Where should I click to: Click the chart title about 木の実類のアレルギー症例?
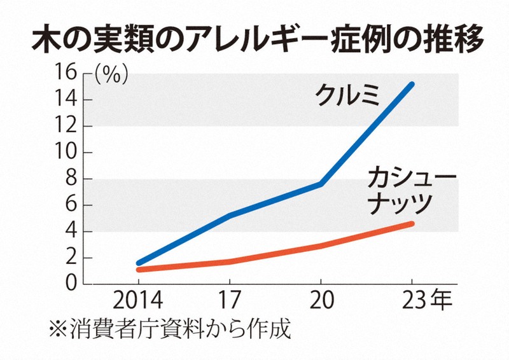pyautogui.click(x=254, y=38)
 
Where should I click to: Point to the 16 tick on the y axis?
pyautogui.click(x=75, y=74)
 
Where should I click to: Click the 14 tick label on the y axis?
pyautogui.click(x=75, y=100)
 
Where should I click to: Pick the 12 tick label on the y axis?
pyautogui.click(x=75, y=127)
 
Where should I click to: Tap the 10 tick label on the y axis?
pyautogui.click(x=75, y=153)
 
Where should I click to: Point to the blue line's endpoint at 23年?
pyautogui.click(x=412, y=84)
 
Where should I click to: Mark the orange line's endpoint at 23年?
pyautogui.click(x=412, y=223)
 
